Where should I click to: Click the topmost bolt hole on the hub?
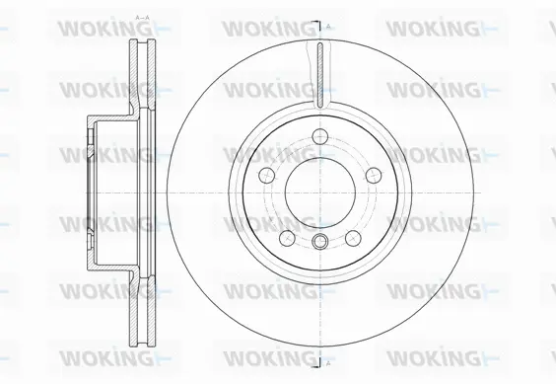pyautogui.click(x=318, y=137)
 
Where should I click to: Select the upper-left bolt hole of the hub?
pyautogui.click(x=265, y=175)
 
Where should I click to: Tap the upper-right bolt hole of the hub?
pyautogui.click(x=372, y=175)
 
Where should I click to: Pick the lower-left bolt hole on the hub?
pyautogui.click(x=285, y=237)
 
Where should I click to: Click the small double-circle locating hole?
pyautogui.click(x=318, y=243)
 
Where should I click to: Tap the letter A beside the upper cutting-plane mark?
pyautogui.click(x=329, y=24)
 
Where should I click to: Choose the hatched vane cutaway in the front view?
pyautogui.click(x=318, y=74)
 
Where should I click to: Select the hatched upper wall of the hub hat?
pyautogui.click(x=108, y=120)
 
